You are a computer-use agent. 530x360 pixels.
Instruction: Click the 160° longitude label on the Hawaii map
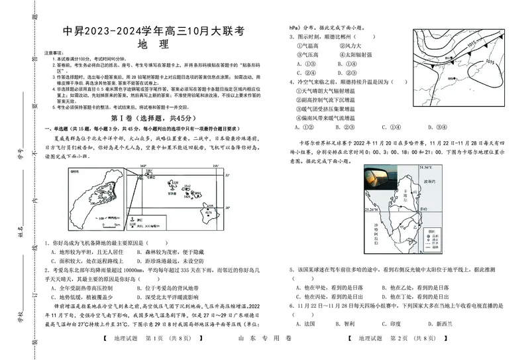coord(142,166)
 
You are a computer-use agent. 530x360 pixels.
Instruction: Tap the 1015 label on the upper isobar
coord(471,44)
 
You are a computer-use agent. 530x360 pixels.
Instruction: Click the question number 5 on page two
coord(291,270)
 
